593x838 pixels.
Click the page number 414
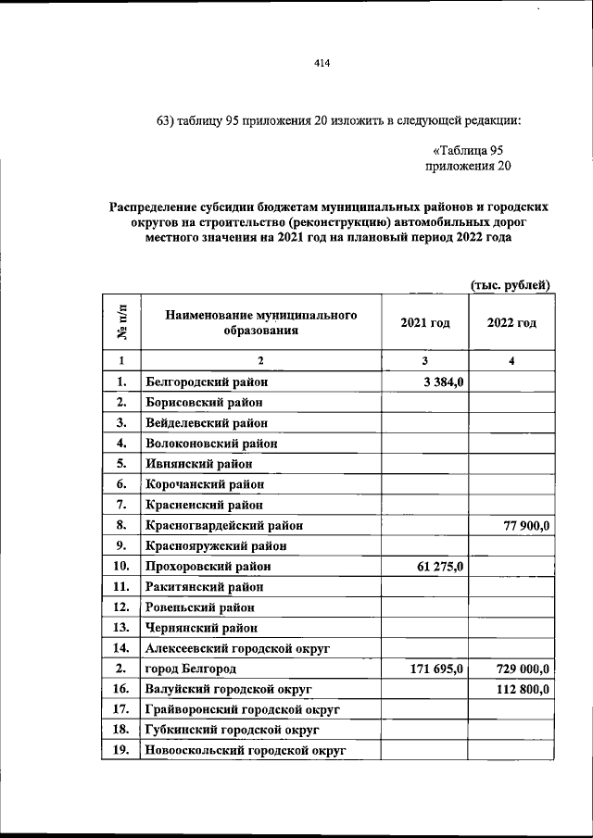(x=322, y=63)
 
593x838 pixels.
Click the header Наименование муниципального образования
(x=261, y=323)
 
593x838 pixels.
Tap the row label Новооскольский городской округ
(x=245, y=750)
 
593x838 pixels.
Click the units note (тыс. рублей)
(x=511, y=284)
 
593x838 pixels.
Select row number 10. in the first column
(x=120, y=566)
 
